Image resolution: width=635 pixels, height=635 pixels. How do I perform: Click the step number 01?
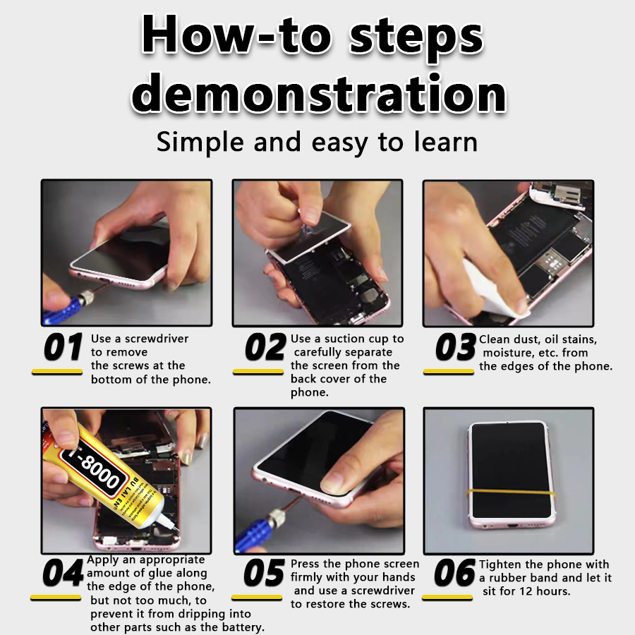(64, 347)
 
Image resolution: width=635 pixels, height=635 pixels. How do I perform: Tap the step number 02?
(265, 347)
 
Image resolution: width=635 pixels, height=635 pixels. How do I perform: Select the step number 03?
(455, 347)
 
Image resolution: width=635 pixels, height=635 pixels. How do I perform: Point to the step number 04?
(62, 574)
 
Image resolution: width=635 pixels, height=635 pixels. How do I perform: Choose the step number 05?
(263, 574)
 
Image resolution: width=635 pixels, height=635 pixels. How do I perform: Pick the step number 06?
(454, 574)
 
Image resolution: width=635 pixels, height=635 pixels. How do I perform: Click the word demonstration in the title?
(319, 94)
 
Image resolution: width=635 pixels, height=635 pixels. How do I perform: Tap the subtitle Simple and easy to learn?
(317, 142)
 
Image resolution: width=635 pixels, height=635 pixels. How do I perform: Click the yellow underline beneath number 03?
(448, 371)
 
